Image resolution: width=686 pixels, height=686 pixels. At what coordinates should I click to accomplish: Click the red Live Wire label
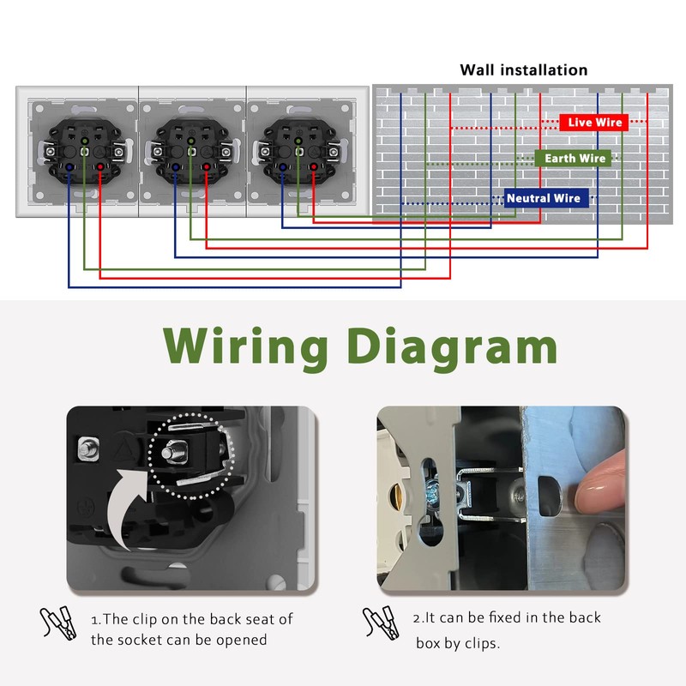pos(593,123)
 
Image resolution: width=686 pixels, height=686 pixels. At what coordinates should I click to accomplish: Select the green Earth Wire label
pos(573,159)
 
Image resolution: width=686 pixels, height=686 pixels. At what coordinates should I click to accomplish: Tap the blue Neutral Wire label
pos(546,198)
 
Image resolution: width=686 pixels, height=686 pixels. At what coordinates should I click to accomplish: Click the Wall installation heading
pos(523,70)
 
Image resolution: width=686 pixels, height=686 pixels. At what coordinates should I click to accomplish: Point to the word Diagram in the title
pos(453,347)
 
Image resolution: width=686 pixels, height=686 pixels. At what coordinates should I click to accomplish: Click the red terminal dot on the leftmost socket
pos(100,166)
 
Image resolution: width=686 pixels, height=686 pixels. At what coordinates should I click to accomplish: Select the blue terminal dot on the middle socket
pos(176,166)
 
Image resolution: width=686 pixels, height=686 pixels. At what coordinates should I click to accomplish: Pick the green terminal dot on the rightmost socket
pos(298,141)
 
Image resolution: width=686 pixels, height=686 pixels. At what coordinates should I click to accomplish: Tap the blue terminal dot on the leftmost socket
pos(69,166)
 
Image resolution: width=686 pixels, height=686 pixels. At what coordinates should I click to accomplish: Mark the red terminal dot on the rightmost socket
pos(313,166)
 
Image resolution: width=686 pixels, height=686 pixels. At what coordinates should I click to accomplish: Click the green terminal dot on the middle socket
pos(190,141)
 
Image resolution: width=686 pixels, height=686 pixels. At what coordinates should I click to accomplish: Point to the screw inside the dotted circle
pos(174,452)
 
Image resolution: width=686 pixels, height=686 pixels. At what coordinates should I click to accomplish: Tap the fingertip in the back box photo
pos(599,481)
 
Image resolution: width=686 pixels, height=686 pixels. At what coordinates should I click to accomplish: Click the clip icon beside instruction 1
pos(58,623)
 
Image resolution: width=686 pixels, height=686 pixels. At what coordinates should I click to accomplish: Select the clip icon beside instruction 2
pos(381,623)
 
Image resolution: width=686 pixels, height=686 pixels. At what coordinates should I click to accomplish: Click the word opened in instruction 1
pos(242,640)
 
